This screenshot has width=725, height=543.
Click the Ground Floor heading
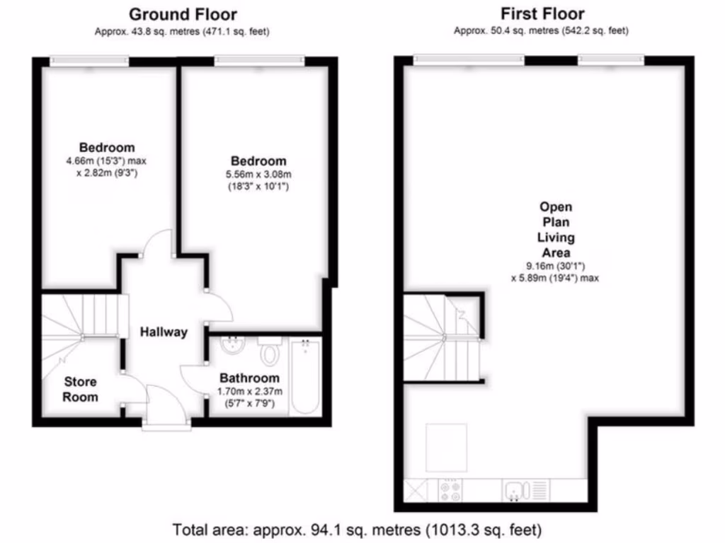tap(183, 14)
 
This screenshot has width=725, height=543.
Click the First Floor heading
tap(542, 14)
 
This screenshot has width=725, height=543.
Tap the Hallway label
tap(164, 332)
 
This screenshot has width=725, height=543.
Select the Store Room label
tap(80, 390)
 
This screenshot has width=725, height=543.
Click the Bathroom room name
tap(249, 378)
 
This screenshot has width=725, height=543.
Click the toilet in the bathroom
tap(270, 349)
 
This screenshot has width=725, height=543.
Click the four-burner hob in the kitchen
tap(450, 489)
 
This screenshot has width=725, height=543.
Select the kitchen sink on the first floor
tap(515, 489)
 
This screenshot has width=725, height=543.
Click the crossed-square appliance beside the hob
tap(416, 489)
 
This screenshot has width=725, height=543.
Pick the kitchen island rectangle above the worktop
tap(447, 448)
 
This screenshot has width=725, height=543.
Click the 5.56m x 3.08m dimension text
tap(258, 175)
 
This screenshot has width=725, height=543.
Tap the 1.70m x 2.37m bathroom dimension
tap(249, 392)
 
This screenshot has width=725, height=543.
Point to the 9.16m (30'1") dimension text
tap(556, 267)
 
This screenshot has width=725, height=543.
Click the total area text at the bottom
tap(357, 529)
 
